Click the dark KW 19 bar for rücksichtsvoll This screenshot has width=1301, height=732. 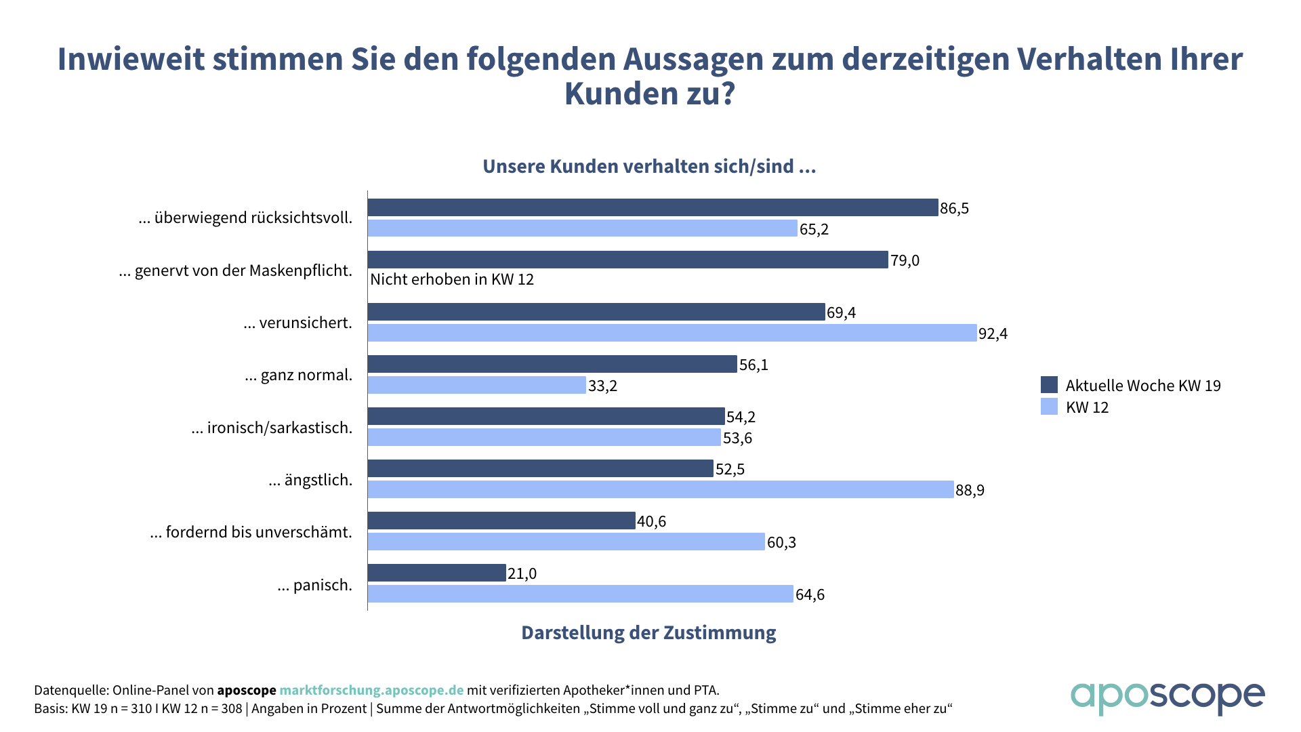pos(653,207)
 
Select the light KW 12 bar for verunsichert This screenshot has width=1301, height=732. pos(672,333)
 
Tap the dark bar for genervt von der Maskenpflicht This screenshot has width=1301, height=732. pos(627,260)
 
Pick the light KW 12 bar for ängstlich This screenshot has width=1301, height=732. pos(661,489)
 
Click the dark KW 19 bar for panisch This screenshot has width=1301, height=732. pos(437,573)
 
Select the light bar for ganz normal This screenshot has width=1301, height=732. pos(477,385)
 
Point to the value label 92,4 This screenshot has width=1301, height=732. pos(993,333)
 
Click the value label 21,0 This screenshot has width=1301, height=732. pos(522,573)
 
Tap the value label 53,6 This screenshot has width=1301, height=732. pos(737,438)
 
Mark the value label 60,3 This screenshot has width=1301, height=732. pos(781,542)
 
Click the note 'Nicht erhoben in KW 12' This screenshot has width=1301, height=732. pos(452,279)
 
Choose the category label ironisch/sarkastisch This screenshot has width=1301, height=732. pos(272,428)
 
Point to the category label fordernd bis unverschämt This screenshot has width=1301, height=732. pos(251,532)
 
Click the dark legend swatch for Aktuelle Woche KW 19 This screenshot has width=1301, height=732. pos(1049,385)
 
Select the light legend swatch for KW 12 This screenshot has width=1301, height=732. pos(1049,407)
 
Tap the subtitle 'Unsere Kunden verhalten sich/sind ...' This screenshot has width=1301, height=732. pos(649,167)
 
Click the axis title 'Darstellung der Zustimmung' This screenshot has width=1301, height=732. pos(648,632)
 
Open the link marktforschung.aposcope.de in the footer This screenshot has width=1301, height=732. pos(371,690)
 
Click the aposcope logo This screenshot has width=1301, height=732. pos(1167,697)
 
